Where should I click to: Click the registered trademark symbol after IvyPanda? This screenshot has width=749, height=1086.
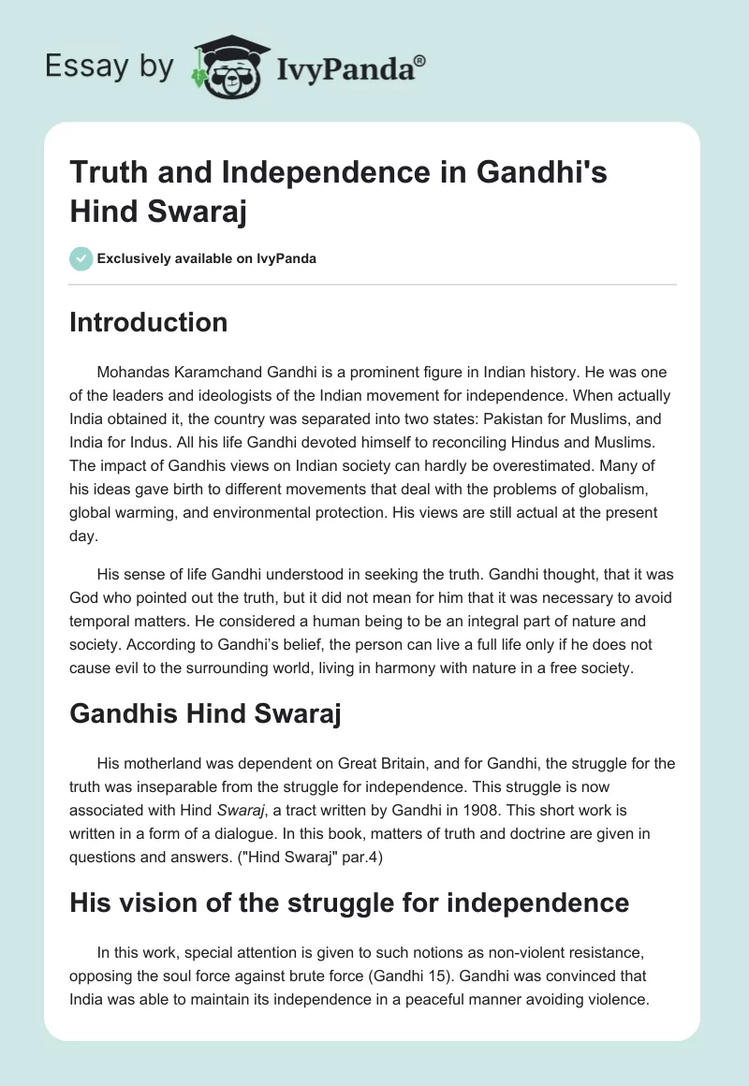tap(420, 60)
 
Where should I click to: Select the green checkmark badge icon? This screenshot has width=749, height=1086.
tap(81, 258)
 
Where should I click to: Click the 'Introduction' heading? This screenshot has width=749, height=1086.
tap(149, 322)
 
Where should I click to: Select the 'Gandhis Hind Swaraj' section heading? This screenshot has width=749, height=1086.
tap(205, 715)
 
